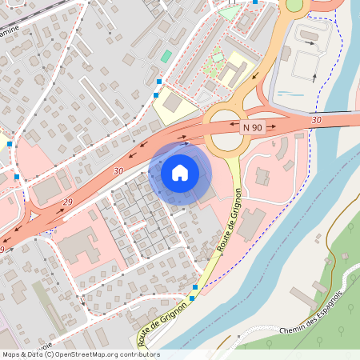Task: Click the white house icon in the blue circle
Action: tap(180, 172)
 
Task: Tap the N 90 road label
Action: tap(252, 126)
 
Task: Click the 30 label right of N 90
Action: tap(317, 120)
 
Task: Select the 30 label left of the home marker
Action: tap(118, 171)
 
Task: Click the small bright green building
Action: tap(166, 57)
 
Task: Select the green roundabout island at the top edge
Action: tap(295, 5)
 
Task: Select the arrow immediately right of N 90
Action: tap(272, 126)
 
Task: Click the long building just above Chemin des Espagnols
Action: tap(303, 298)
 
